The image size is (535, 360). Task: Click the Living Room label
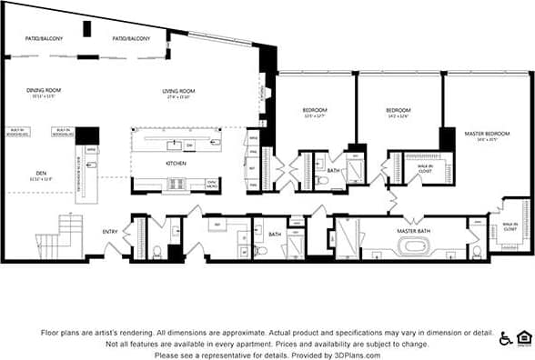coord(179,91)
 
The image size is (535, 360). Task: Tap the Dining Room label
coord(44,91)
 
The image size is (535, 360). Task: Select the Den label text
coord(42,172)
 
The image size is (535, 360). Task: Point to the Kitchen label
coord(176,163)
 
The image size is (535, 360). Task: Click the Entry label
coord(110,232)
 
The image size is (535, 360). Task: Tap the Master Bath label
coord(413,231)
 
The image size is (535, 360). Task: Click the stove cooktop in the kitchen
coord(176,183)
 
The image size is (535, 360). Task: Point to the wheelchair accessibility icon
coord(505,339)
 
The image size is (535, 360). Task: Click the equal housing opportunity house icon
coord(524,339)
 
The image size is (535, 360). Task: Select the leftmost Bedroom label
coord(315,112)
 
